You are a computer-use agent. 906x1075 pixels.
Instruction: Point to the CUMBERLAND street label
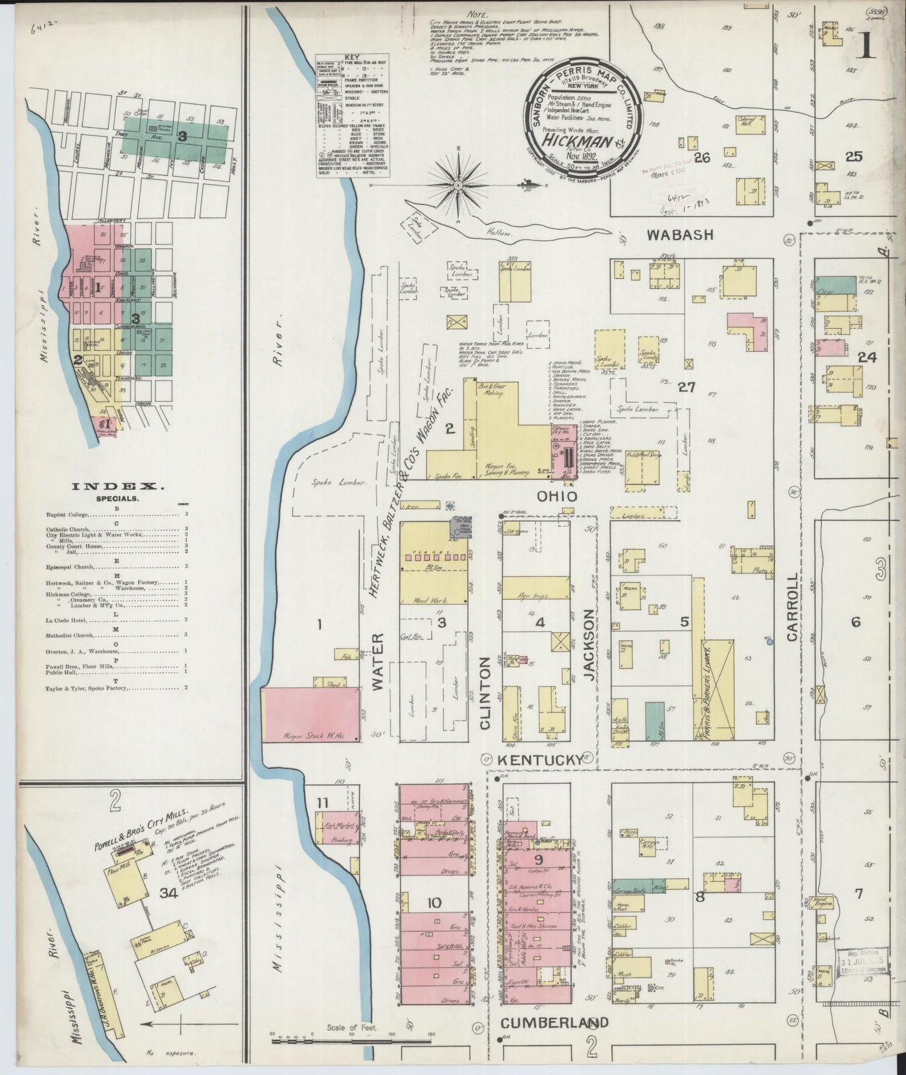click(x=554, y=1022)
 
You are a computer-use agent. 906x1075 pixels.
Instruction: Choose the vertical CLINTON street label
click(x=485, y=693)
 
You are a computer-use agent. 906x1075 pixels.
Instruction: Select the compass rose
click(x=459, y=184)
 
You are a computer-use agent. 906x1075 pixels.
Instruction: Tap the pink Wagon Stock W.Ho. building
click(x=310, y=715)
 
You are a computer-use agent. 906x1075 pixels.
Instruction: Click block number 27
click(x=687, y=387)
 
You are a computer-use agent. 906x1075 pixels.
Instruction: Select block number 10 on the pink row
click(x=435, y=903)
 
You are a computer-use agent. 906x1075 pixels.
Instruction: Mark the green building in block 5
click(x=655, y=722)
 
